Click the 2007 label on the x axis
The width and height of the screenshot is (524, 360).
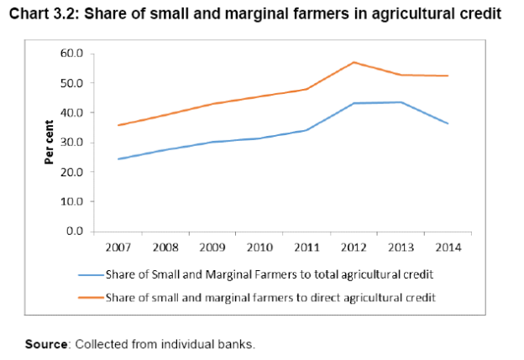coord(118,248)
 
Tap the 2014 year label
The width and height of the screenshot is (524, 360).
coord(448,248)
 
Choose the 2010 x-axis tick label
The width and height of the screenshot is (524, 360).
coord(259,248)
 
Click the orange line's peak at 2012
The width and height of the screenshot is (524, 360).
coord(354,62)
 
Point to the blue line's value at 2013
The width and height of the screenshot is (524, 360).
coord(401,102)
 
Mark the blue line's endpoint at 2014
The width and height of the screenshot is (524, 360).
coord(448,123)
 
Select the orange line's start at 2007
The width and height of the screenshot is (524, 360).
coord(118,125)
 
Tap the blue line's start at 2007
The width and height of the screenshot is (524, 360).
coord(118,159)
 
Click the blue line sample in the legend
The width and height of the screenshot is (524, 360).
coord(90,274)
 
